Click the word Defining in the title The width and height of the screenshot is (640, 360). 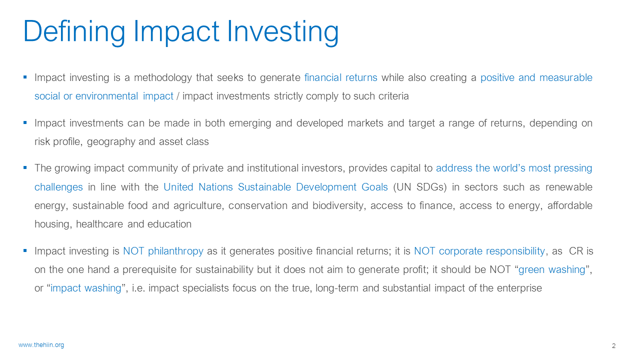pos(74,31)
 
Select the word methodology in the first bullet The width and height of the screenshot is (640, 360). pos(163,78)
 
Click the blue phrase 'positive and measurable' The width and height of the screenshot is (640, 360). pos(536,78)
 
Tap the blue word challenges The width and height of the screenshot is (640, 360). pos(58,187)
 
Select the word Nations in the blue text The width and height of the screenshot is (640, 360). pos(215,187)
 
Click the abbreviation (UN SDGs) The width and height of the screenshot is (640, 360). pos(419,187)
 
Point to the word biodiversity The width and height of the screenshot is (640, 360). pos(339,205)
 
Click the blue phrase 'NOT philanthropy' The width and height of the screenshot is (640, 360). pos(163,251)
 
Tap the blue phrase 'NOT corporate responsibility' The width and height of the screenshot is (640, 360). pos(479,251)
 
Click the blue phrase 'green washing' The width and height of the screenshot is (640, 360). pos(551,269)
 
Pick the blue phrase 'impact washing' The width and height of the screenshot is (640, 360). pos(85,288)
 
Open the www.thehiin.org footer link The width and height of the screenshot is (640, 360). pos(41,345)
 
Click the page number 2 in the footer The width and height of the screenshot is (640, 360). pos(613,346)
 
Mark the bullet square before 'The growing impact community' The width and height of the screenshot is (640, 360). pos(25,167)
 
